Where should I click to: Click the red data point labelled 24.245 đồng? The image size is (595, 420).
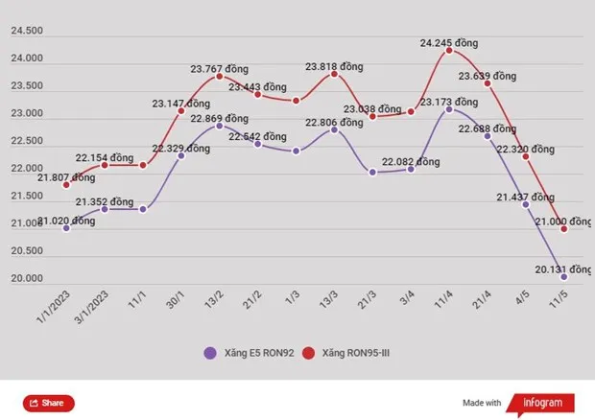(x=449, y=50)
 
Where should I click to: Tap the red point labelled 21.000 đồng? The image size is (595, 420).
(x=564, y=229)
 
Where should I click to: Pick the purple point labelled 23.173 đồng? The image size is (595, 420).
(x=449, y=109)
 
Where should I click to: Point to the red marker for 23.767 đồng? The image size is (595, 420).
(x=220, y=76)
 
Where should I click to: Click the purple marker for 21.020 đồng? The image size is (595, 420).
(x=66, y=228)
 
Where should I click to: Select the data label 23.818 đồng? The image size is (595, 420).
(x=334, y=66)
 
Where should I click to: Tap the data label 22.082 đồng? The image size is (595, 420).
(x=410, y=162)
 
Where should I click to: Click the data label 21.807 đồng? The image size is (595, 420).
(x=66, y=177)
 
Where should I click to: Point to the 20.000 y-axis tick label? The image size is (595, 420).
(x=27, y=279)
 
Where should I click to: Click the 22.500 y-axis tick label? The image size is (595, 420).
(x=27, y=142)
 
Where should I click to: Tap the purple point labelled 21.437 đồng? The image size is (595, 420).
(x=526, y=204)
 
